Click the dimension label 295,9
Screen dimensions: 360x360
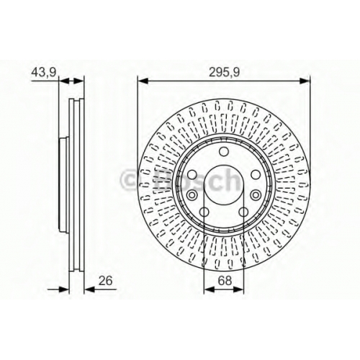point(224,72)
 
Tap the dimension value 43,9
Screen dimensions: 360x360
point(44,72)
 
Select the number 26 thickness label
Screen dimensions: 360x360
point(106,281)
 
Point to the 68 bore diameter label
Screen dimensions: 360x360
point(225,280)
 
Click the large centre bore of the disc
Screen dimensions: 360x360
point(224,185)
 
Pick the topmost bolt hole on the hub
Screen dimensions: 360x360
point(224,151)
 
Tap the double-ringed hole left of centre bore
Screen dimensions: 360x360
point(192,195)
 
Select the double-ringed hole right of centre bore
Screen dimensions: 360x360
point(256,194)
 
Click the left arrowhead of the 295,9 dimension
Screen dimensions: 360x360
point(142,81)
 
